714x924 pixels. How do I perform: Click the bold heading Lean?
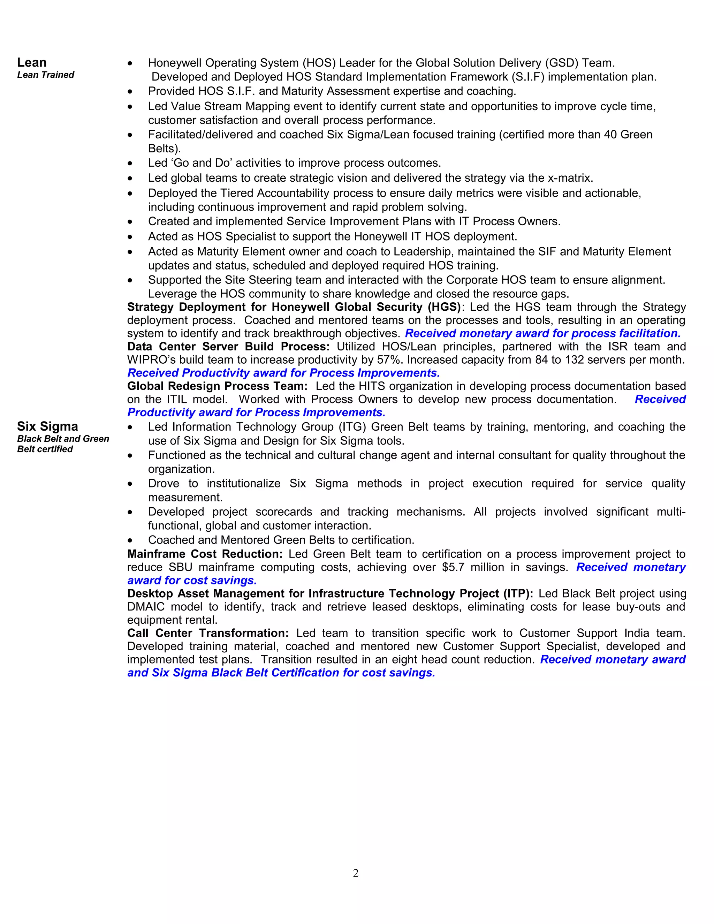pyautogui.click(x=32, y=63)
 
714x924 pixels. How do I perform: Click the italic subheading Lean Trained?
pyautogui.click(x=46, y=75)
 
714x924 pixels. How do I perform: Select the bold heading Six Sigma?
pyautogui.click(x=47, y=426)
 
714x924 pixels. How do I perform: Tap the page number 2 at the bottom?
pyautogui.click(x=356, y=873)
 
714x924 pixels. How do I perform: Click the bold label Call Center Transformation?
pyautogui.click(x=208, y=633)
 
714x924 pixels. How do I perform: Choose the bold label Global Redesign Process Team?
pyautogui.click(x=217, y=386)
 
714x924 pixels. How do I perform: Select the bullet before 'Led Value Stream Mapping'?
pyautogui.click(x=130, y=107)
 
